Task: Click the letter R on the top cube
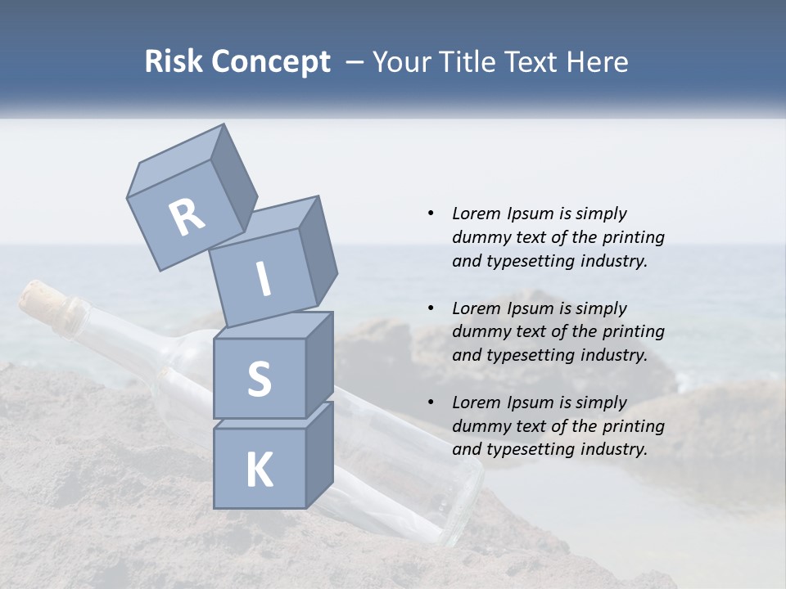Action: click(187, 218)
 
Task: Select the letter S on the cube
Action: click(259, 379)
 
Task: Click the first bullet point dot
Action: click(431, 214)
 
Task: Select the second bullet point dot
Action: click(431, 308)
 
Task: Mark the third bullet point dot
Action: click(431, 402)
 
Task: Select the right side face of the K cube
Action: click(319, 454)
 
